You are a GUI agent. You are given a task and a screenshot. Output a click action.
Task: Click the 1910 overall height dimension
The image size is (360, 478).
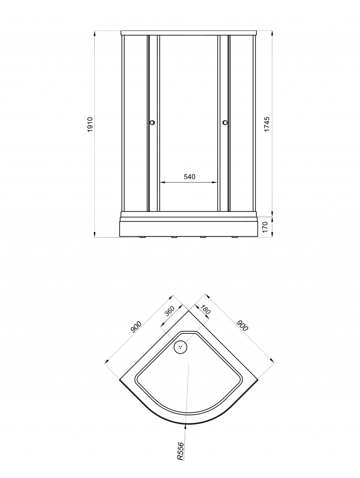[x=90, y=124]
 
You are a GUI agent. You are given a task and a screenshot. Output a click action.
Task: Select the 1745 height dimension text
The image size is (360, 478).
[x=267, y=124]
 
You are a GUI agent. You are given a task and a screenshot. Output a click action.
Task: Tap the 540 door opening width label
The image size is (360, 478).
[x=189, y=177]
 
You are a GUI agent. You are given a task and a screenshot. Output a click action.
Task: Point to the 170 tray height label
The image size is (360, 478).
[x=265, y=227]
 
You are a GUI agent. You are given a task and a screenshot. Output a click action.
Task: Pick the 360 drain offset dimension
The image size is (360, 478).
[x=169, y=311]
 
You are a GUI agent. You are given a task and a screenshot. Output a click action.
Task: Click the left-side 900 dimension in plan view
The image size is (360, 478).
[x=136, y=327]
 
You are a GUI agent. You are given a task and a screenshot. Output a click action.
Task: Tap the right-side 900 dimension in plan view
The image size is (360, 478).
[x=243, y=326]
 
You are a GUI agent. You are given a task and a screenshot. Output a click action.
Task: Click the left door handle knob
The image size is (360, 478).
[x=152, y=123]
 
